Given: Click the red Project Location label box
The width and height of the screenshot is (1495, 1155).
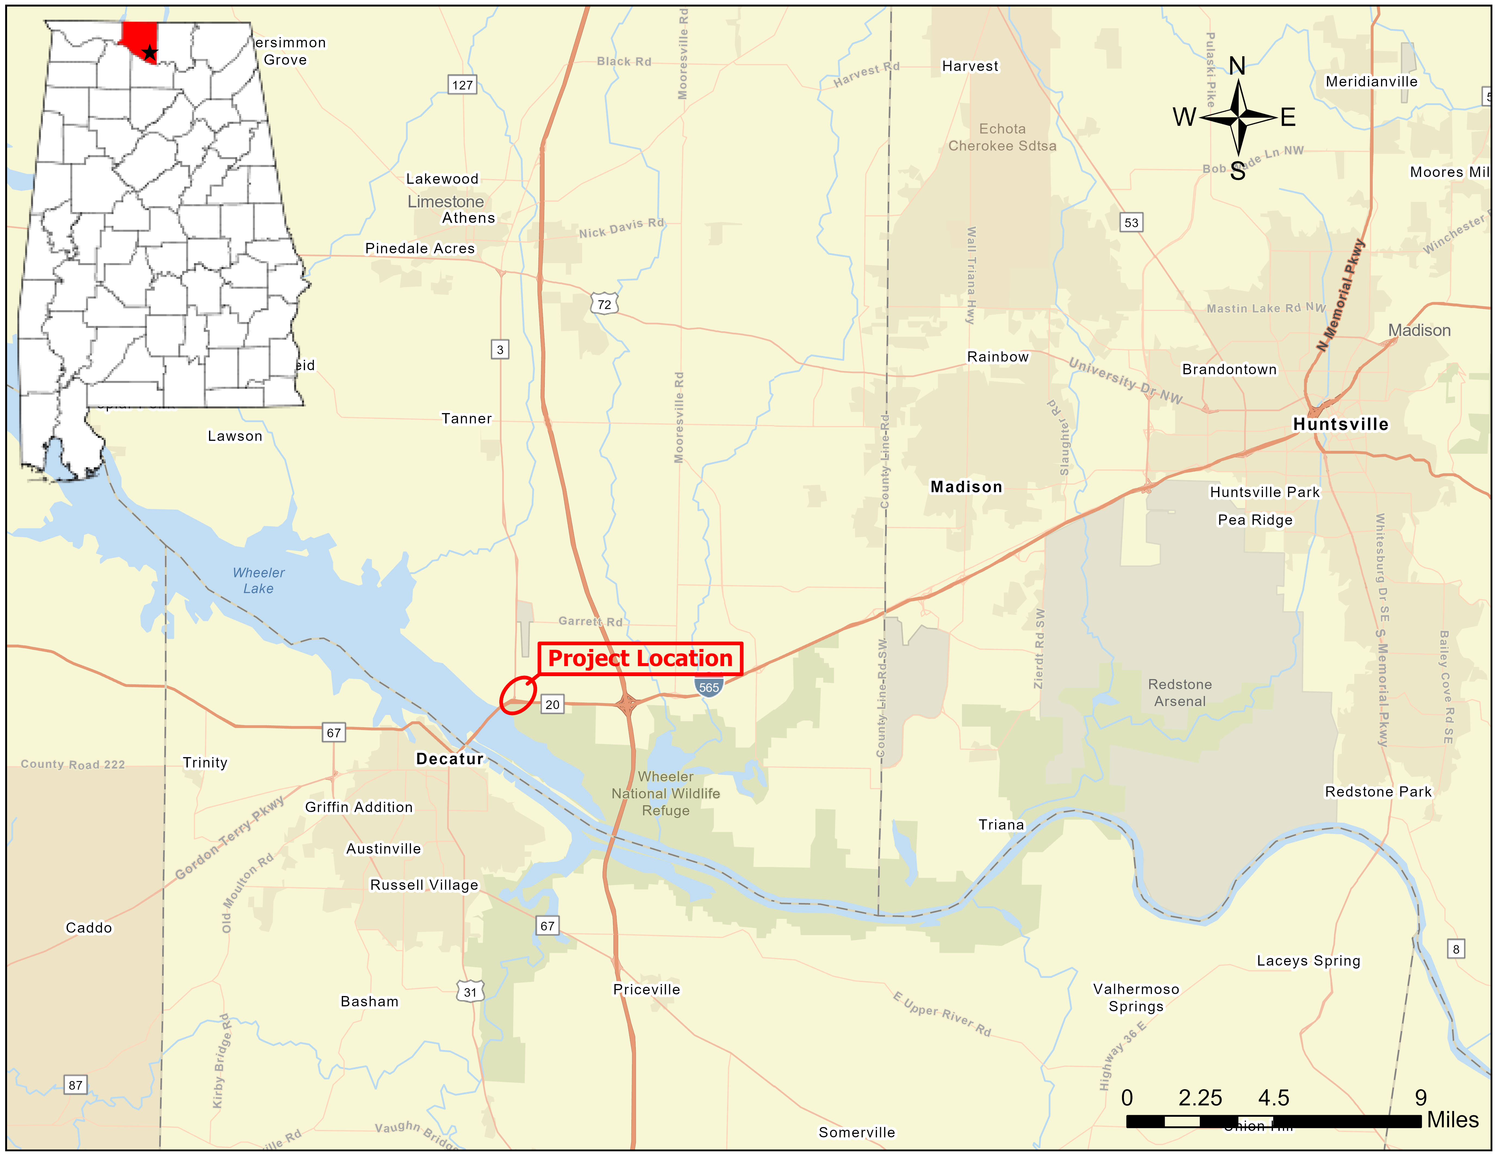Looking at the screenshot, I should [640, 658].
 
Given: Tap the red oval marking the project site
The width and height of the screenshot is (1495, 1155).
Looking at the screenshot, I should [518, 695].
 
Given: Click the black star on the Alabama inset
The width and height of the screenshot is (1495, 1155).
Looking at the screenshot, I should [149, 53].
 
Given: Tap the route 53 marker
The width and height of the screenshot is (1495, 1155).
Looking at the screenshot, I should [1132, 222].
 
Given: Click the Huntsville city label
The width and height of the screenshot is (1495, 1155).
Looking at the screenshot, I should [1340, 424].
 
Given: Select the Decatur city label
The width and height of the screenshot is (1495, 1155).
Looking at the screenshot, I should [450, 759].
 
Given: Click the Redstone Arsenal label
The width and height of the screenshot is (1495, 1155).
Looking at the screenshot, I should [1179, 692].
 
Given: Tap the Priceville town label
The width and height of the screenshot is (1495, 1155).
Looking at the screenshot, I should [646, 989].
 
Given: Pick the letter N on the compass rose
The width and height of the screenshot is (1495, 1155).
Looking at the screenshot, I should [1237, 66].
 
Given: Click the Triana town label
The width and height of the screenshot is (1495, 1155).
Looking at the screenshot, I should [1001, 825].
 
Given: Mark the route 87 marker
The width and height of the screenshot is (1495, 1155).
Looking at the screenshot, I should [75, 1085].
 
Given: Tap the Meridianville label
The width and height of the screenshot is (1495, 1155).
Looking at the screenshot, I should [1371, 82].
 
